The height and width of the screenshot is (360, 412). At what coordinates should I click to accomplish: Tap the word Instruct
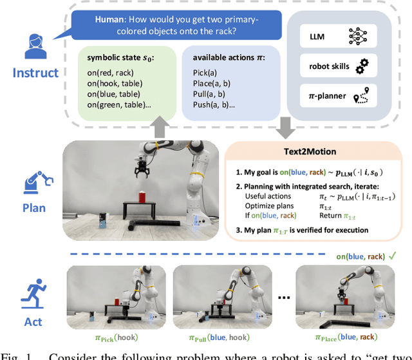[x=35, y=73]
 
